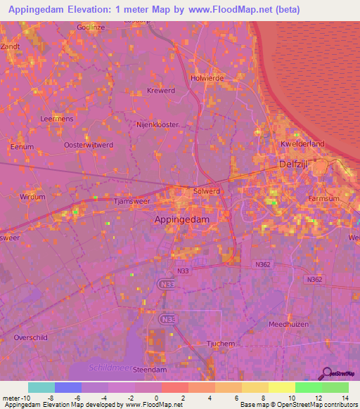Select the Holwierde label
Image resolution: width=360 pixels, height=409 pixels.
pyautogui.click(x=207, y=78)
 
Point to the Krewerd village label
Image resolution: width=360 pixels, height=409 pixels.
pyautogui.click(x=160, y=91)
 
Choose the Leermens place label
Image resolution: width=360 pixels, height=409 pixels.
pyautogui.click(x=58, y=119)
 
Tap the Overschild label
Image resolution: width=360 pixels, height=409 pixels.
pyautogui.click(x=30, y=337)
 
